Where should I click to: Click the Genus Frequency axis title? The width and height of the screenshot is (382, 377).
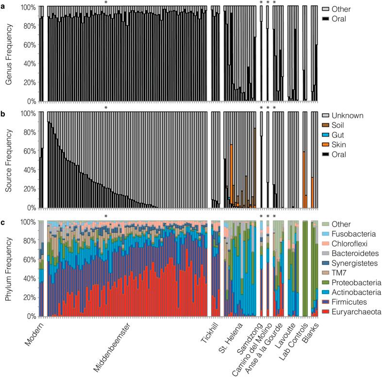click(x=9, y=53)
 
